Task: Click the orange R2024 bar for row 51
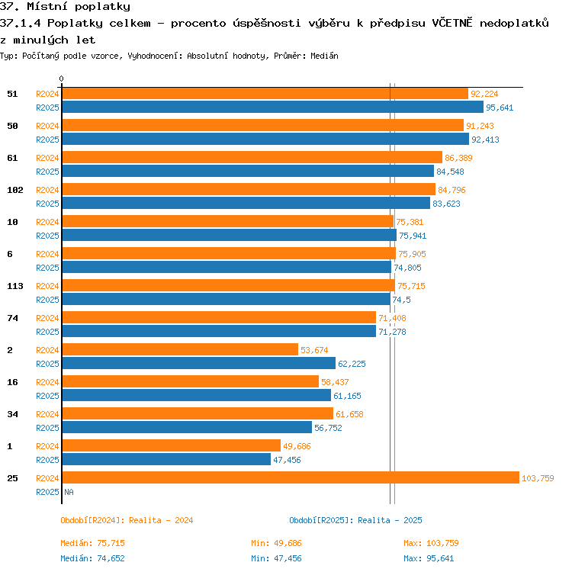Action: click(x=265, y=93)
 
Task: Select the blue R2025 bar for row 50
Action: click(x=265, y=139)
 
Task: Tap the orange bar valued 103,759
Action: click(x=291, y=477)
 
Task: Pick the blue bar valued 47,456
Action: click(x=166, y=459)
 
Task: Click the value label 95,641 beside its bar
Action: click(x=500, y=108)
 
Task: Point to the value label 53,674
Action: click(x=314, y=350)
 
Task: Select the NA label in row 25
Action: click(x=69, y=492)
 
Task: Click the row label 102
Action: click(x=15, y=190)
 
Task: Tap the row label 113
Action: click(x=15, y=286)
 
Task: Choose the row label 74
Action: click(x=12, y=318)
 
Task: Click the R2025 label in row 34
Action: click(x=47, y=428)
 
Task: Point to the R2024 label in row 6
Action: click(x=47, y=254)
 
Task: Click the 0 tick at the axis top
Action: click(x=61, y=79)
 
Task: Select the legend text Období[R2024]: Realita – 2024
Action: click(x=127, y=520)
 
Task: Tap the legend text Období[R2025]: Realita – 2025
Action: click(x=355, y=520)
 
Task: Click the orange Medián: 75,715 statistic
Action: click(x=92, y=543)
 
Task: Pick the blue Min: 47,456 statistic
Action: click(x=276, y=558)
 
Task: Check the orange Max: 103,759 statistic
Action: click(x=431, y=543)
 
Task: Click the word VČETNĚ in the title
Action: click(x=452, y=23)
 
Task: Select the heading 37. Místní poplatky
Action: click(x=65, y=7)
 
